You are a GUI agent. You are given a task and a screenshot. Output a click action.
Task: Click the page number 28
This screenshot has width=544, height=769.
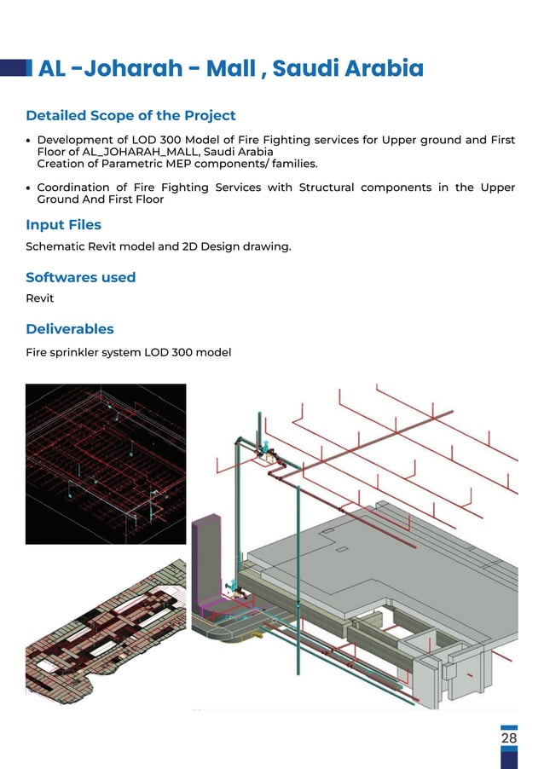pos(509,738)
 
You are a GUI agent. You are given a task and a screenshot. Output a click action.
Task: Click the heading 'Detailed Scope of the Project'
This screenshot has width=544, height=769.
pos(130,115)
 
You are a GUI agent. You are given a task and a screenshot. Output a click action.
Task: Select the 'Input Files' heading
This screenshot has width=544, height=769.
pos(63,225)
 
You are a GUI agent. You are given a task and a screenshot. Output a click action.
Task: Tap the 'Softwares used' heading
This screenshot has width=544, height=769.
pos(80,277)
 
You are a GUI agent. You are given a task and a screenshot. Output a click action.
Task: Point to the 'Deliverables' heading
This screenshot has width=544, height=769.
pos(69,329)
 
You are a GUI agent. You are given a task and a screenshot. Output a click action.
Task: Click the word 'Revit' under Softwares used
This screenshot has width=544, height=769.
pos(40,298)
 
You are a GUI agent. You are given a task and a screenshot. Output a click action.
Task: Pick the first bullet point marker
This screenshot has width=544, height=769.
pos(29,141)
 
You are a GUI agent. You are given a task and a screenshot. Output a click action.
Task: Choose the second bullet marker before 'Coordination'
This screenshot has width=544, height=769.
pos(29,188)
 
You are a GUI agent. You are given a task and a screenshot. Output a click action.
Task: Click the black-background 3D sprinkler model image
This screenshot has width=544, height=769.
pos(105,463)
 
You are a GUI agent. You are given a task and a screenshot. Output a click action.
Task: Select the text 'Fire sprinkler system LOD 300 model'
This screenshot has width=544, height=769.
pos(128,352)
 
